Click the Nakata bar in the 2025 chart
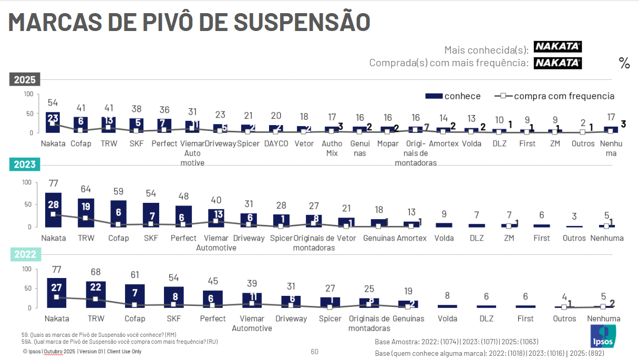53,122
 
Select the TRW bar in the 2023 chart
86,212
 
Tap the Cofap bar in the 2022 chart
135,296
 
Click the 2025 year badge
25,80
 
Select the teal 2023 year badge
25,164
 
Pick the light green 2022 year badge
25,254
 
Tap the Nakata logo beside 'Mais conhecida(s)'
558,47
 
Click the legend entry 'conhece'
453,96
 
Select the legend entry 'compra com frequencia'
555,96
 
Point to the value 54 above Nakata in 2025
53,103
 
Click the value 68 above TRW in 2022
96,273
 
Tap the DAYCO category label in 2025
276,143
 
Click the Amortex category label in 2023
411,238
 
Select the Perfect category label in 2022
213,318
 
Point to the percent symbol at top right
624,63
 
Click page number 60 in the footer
314,352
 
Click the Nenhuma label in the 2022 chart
603,318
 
